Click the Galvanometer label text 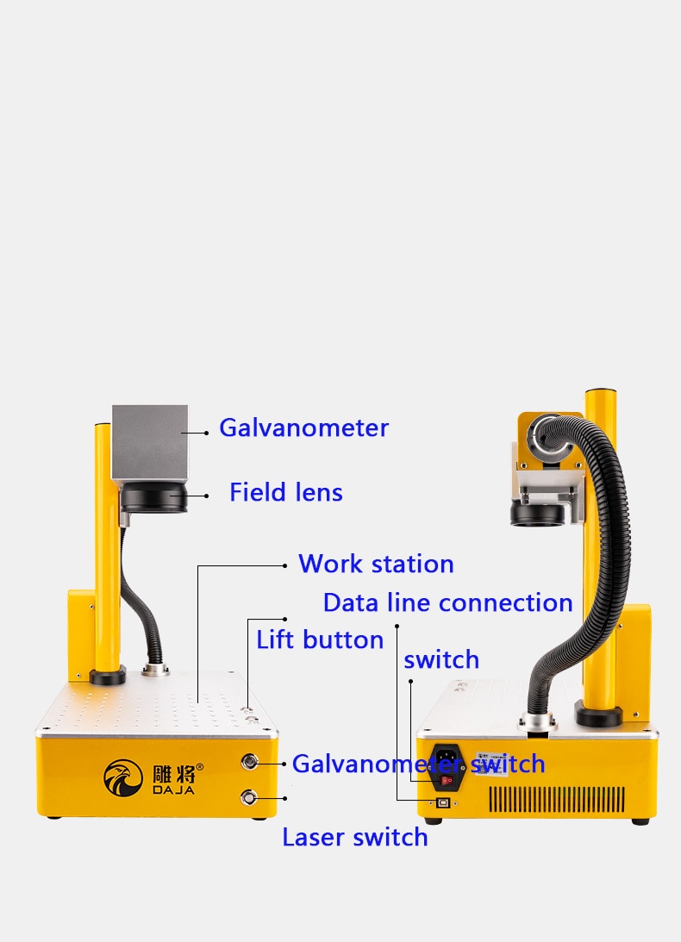pos(303,427)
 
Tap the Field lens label pos(286,492)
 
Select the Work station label pos(376,565)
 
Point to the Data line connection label pos(447,602)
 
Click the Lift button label pos(320,639)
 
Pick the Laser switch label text pos(354,837)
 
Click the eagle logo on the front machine pos(123,778)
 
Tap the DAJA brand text pos(174,790)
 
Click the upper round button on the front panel pos(249,763)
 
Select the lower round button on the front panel pos(248,797)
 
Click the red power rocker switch pos(447,780)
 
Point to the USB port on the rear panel pos(443,802)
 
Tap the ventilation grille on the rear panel pos(557,799)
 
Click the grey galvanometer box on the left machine pos(150,444)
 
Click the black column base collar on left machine pos(108,676)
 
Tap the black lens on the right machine pos(537,515)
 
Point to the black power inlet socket pos(447,767)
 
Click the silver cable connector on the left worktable pos(155,670)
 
